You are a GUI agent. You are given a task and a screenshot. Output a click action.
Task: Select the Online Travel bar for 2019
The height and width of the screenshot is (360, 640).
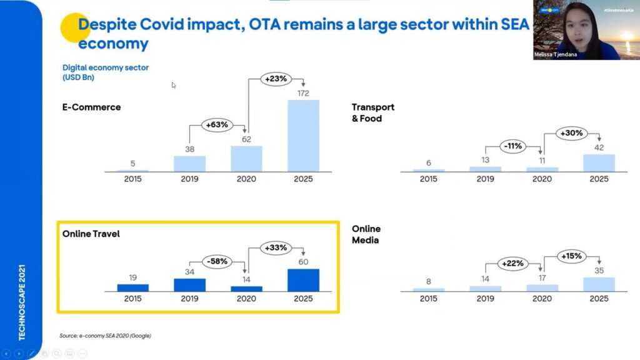[189, 284]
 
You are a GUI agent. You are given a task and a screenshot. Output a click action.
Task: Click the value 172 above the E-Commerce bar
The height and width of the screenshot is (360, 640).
[303, 93]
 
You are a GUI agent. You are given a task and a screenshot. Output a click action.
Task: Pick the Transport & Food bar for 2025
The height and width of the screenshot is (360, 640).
[599, 162]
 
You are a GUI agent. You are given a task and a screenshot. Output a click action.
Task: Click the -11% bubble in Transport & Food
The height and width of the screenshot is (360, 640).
[514, 146]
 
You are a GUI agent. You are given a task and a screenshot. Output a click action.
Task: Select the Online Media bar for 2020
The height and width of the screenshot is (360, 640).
[542, 287]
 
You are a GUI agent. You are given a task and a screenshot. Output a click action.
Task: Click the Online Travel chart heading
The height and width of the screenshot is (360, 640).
[91, 234]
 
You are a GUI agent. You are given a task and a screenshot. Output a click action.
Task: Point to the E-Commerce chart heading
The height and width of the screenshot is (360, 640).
[91, 107]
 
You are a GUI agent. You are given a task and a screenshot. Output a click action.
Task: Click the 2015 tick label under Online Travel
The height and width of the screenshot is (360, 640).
[132, 299]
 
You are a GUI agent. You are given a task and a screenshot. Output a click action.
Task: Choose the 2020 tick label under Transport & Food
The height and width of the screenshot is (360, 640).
[542, 179]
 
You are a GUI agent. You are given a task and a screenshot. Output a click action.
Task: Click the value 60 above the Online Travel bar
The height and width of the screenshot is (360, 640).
[303, 262]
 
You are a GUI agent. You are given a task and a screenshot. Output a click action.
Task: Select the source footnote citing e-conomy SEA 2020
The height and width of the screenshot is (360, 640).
[105, 336]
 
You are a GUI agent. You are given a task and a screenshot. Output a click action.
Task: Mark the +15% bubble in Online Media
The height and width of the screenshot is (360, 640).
[571, 256]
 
